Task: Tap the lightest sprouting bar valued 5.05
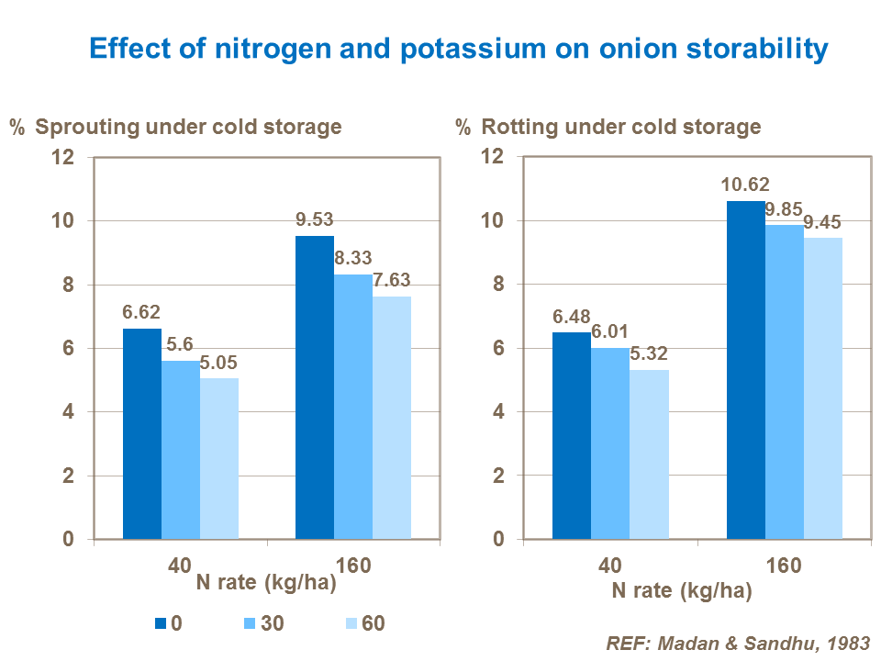coord(219,458)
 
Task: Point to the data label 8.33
coord(353,259)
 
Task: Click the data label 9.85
coord(783,210)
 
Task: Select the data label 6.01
coord(609,332)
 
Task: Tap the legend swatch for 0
coord(161,623)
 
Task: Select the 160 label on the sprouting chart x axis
coord(353,566)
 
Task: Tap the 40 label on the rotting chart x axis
coord(609,566)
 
